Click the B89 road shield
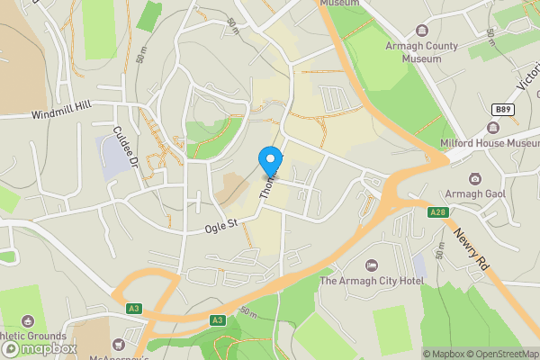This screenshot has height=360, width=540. pyautogui.click(x=504, y=109)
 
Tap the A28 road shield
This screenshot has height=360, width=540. pyautogui.click(x=437, y=212)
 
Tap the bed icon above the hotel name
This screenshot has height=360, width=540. pyautogui.click(x=371, y=265)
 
